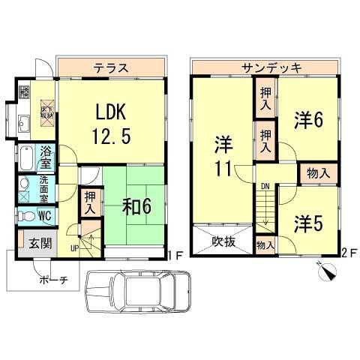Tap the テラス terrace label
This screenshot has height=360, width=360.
(x=110, y=67)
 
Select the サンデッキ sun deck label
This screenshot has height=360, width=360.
(x=271, y=67)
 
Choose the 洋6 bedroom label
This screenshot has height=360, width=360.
(x=308, y=120)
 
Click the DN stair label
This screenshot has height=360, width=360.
(x=265, y=185)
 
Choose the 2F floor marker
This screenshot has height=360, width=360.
(x=346, y=253)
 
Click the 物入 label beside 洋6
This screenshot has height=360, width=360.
(x=319, y=173)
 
